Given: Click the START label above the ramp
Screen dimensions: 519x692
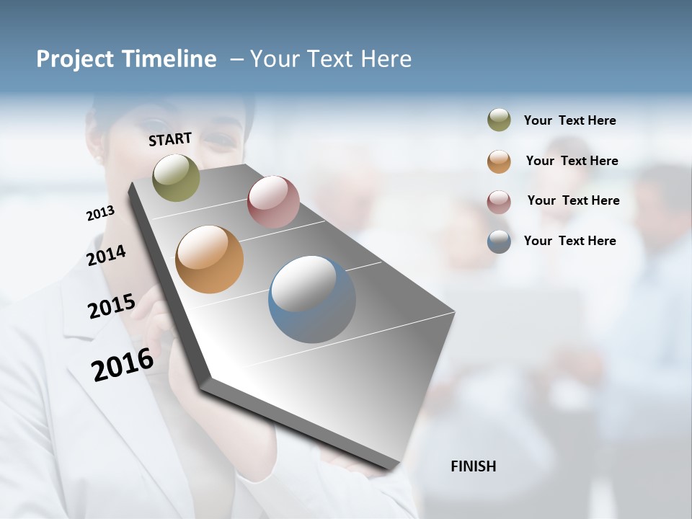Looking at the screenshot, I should point(170,139).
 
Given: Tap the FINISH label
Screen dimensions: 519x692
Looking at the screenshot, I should point(474,466).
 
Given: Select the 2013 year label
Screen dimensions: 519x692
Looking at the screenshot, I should point(100,213).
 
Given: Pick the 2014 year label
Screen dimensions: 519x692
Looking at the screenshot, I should point(106,255).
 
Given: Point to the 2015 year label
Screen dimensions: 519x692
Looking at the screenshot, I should point(112,306).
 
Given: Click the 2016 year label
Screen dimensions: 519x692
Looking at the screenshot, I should point(123,365).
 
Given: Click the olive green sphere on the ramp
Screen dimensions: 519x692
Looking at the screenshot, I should point(177,177).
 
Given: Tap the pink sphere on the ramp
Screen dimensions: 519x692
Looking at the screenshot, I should point(273,202).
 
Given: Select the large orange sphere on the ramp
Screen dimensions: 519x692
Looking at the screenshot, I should point(209,259).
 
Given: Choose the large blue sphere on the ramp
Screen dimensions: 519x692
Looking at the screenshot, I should point(312,299).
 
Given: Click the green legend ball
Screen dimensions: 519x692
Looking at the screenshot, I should point(499,120).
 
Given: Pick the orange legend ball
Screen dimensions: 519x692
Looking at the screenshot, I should point(499,161).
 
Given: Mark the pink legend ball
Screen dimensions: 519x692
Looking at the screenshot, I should point(499,202).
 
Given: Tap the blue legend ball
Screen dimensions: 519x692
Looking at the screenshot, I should point(499,241).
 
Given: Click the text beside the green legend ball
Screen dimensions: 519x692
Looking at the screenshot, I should point(569,120).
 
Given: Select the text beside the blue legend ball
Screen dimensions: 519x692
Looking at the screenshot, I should point(569,241).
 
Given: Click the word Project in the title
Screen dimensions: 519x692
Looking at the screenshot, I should point(76,59).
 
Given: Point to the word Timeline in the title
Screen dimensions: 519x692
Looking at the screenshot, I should point(169,59).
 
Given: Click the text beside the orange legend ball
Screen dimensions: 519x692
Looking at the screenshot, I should point(572,161).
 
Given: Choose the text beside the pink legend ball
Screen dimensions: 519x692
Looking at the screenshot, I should point(573,200).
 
